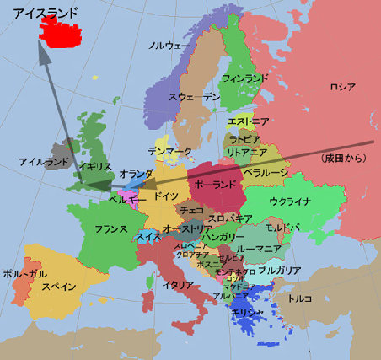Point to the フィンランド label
[x=245, y=78]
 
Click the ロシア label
[x=342, y=87]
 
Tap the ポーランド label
[x=214, y=184]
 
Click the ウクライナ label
[x=290, y=201]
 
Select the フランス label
[x=110, y=228]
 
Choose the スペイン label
[x=59, y=287]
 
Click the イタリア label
[x=179, y=284]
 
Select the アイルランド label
[x=43, y=161]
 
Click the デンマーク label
[x=169, y=152]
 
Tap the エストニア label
[x=249, y=121]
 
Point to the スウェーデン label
[x=195, y=98]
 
